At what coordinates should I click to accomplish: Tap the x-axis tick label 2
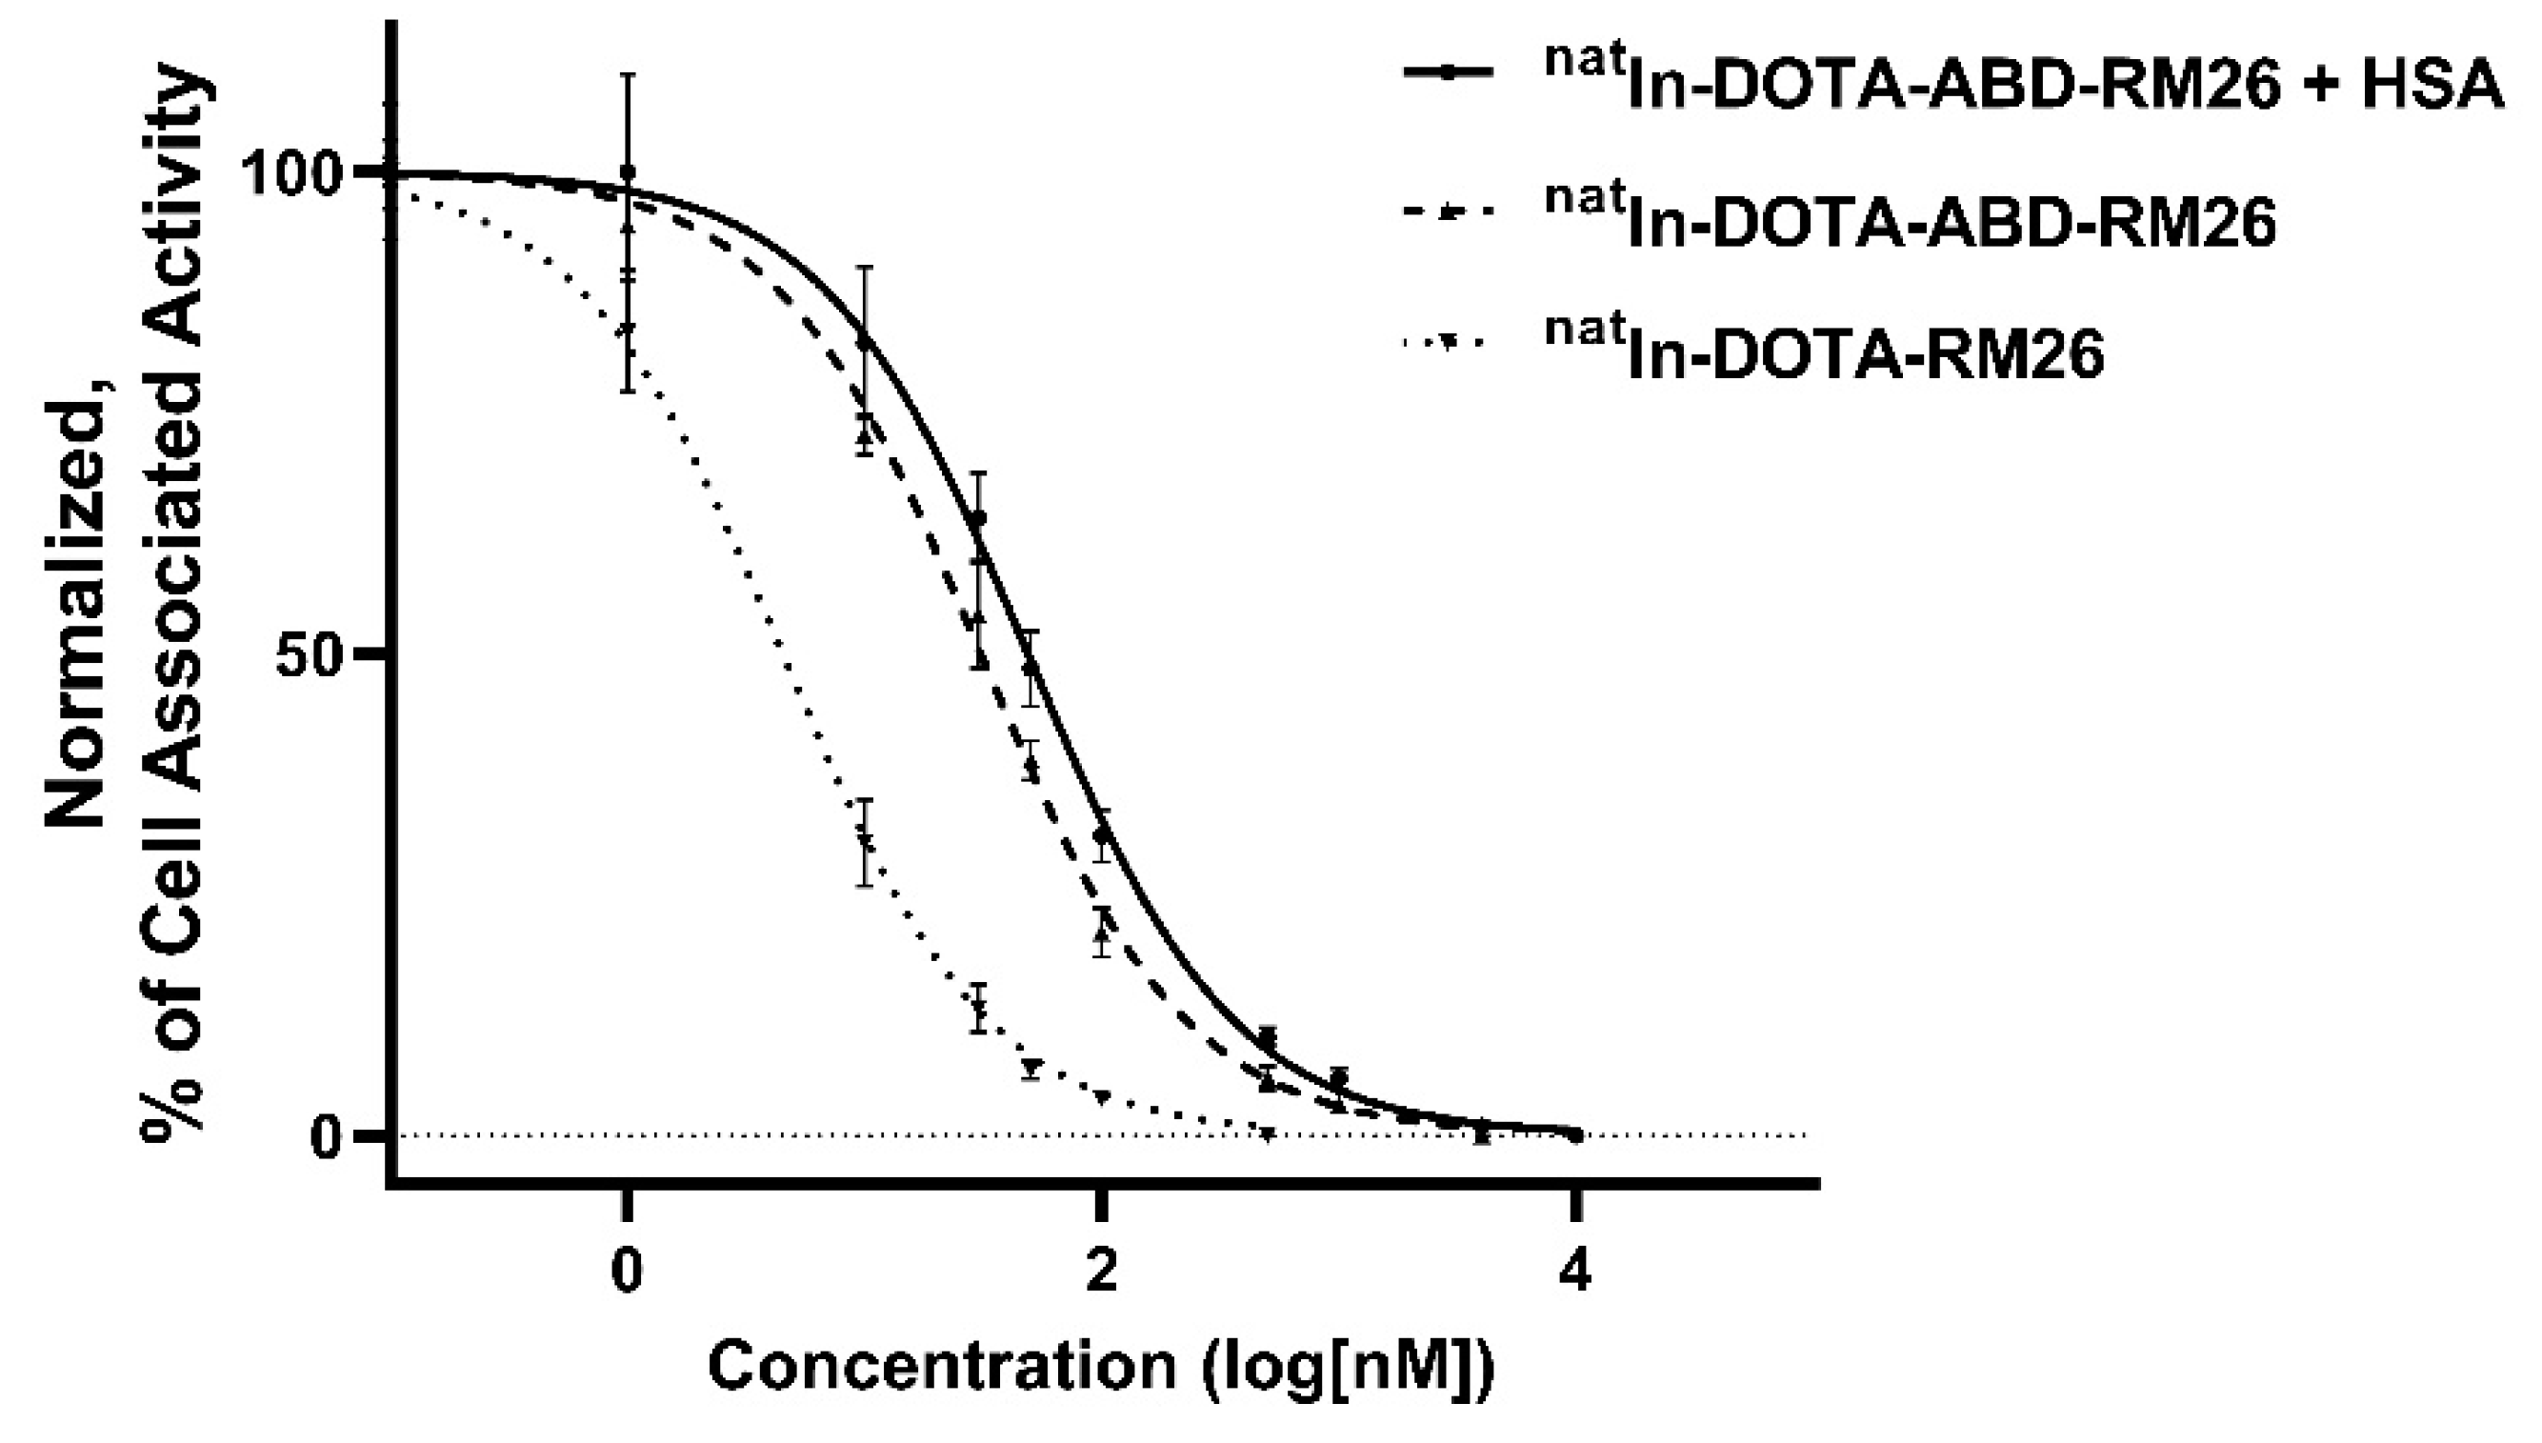click(1101, 1273)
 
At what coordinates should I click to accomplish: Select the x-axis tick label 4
click(1574, 1273)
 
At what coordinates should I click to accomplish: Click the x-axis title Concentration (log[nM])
click(1100, 1368)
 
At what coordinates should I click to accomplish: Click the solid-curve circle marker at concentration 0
click(627, 172)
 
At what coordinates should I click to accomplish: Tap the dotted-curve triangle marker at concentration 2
click(1103, 1096)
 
